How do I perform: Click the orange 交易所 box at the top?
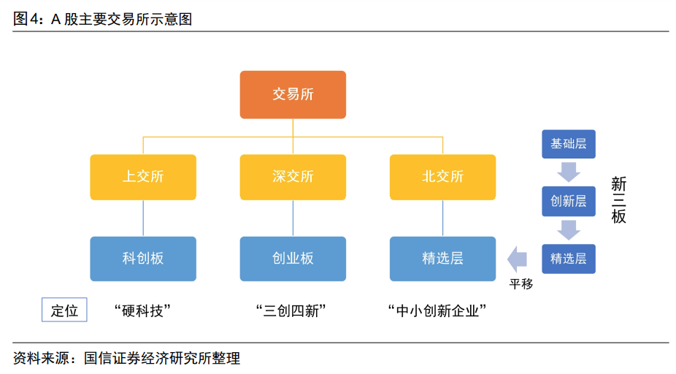(x=293, y=94)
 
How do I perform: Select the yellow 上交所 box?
(x=143, y=177)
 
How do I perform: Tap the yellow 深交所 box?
(x=293, y=177)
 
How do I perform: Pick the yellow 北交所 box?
(x=442, y=177)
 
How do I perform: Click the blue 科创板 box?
(x=143, y=259)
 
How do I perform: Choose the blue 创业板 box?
(x=293, y=259)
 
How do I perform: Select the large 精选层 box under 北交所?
(x=442, y=259)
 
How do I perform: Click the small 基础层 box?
(x=568, y=144)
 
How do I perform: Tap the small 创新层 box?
(x=568, y=201)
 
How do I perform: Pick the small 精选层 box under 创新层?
(x=568, y=259)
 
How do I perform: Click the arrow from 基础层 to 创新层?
(x=568, y=172)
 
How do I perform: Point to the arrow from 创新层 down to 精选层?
(x=568, y=229)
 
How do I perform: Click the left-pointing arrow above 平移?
(x=518, y=259)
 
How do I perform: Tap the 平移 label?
(x=521, y=284)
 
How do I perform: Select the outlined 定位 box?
(x=64, y=310)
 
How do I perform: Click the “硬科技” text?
(x=143, y=310)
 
